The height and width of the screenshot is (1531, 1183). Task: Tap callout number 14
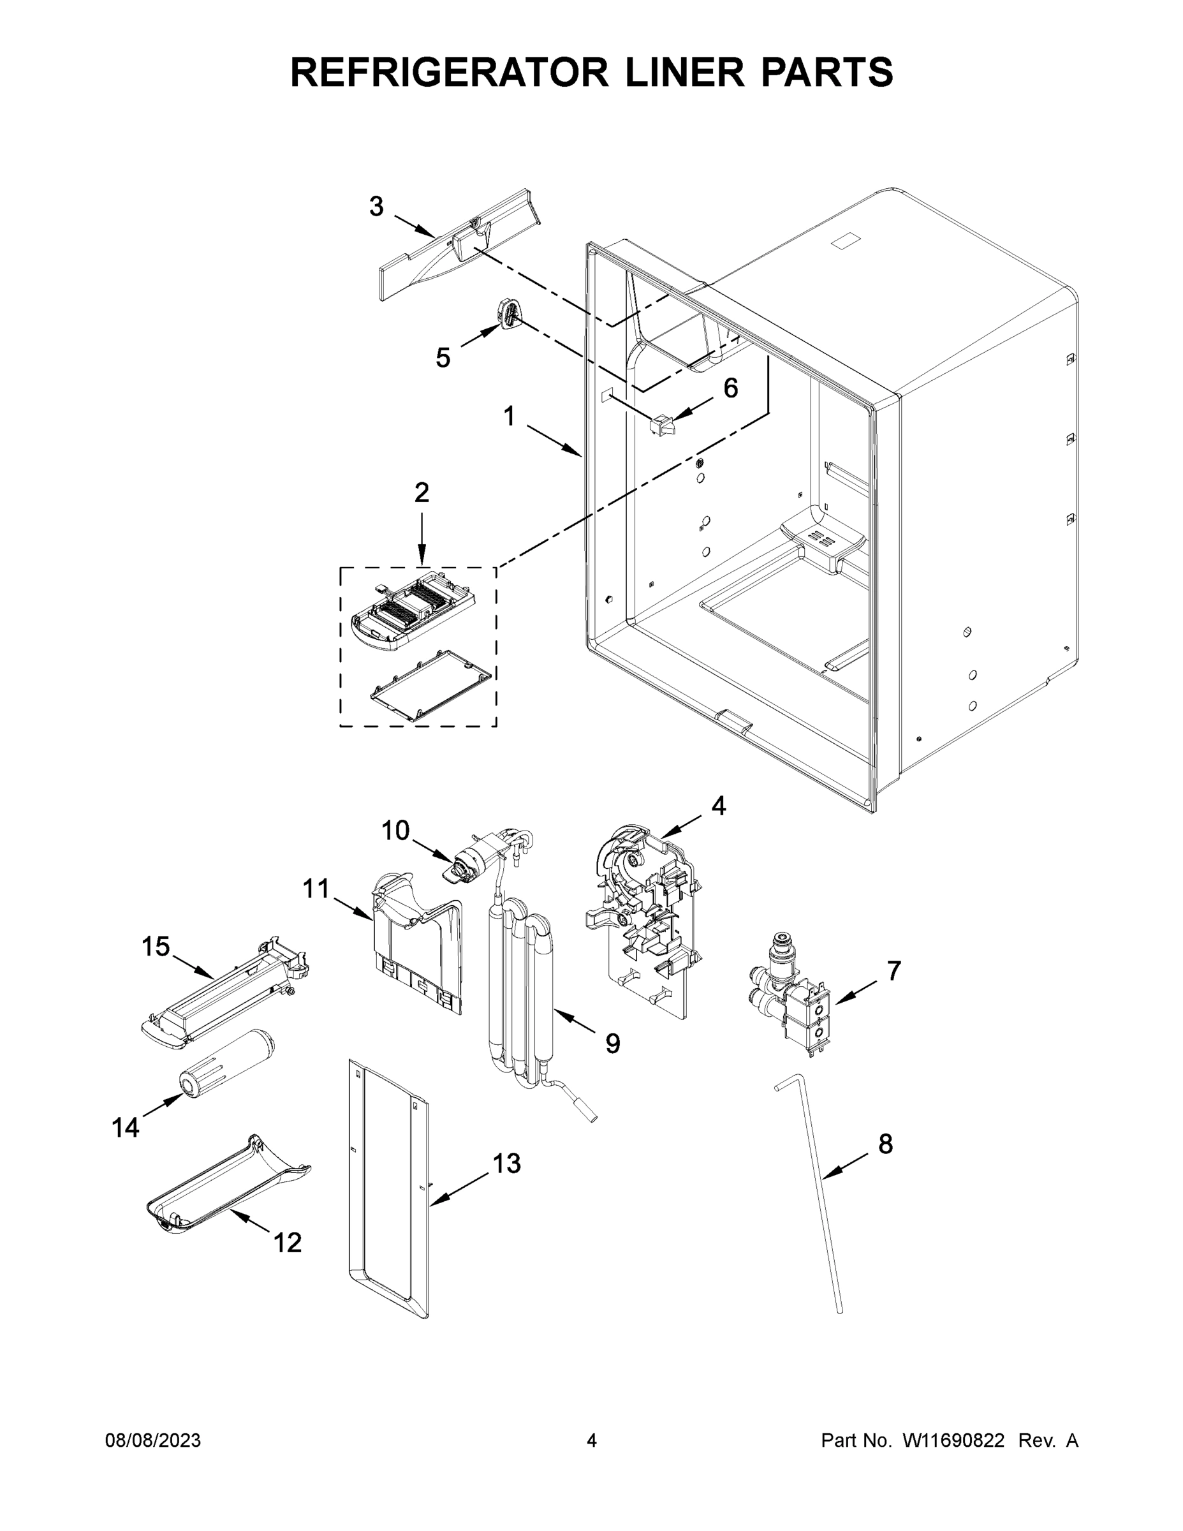tap(126, 1128)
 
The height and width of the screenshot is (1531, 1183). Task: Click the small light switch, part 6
tap(659, 424)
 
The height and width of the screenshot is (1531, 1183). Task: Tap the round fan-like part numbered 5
tap(510, 313)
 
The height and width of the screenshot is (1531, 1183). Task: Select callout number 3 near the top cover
tap(376, 207)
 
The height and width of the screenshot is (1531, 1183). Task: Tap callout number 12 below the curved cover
tap(288, 1243)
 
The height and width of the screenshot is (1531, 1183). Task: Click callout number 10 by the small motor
tap(395, 831)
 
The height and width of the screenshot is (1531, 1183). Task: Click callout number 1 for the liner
tap(510, 417)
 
